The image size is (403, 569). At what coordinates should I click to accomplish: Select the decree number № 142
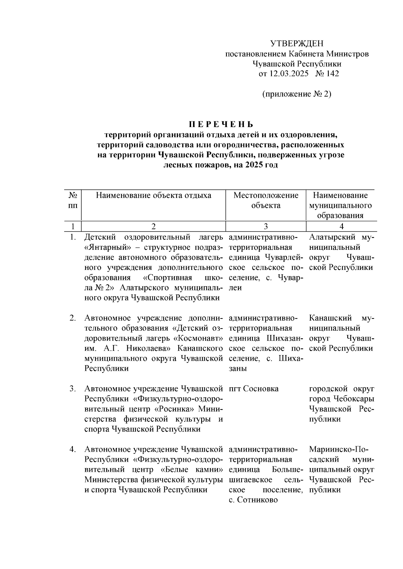(x=327, y=74)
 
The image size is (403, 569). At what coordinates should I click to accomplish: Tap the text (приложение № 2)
(x=297, y=94)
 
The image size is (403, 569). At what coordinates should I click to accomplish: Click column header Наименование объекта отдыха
(x=153, y=195)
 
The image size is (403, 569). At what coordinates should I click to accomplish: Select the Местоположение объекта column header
(x=266, y=200)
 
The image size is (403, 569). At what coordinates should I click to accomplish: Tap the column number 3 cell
(x=265, y=226)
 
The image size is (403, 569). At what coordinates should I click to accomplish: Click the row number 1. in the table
(x=73, y=237)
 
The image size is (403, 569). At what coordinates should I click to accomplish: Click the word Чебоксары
(x=354, y=399)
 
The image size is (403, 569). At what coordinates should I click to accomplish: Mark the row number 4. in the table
(x=73, y=449)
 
